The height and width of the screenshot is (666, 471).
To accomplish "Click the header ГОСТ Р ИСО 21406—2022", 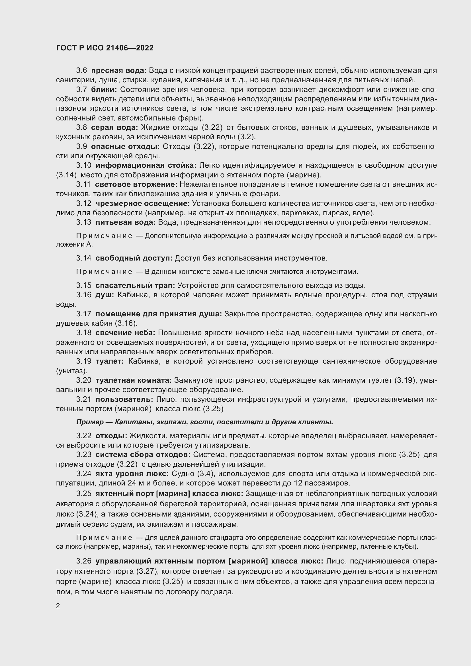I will (105, 48).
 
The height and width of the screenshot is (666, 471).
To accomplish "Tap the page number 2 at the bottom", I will (58, 606).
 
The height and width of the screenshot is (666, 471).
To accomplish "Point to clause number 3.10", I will (84, 166).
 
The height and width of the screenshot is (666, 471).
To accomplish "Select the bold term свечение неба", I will (125, 333).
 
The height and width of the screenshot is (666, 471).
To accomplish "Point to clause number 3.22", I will (84, 436).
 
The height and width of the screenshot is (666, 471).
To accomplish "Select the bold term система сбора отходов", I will (143, 454).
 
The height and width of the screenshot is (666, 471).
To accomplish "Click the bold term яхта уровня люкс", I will (132, 474).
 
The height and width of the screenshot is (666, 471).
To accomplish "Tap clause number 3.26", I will (84, 561).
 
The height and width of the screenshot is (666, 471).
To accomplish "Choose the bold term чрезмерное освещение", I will (143, 204).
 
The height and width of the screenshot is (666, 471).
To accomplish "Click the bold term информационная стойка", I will (146, 166).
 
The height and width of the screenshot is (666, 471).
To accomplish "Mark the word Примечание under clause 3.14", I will (104, 272).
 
